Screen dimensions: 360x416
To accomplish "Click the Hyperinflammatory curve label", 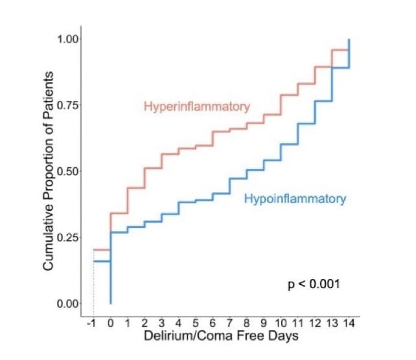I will [x=196, y=107].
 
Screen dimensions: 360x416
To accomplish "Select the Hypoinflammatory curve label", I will [x=295, y=199].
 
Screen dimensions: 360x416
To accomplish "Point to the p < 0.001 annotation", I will [x=314, y=284].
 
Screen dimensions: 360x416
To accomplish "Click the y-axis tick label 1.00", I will [x=68, y=39].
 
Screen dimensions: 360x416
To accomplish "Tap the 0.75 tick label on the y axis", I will [x=68, y=106].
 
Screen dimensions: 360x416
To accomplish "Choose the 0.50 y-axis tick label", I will [x=68, y=172].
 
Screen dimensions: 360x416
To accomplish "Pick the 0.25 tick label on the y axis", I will [x=68, y=238].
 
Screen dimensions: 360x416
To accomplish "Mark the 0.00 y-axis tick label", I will [x=68, y=304].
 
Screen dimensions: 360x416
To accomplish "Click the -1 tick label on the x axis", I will [x=92, y=322].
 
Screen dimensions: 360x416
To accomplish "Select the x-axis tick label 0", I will [x=110, y=322].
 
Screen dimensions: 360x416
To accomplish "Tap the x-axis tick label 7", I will [x=230, y=322].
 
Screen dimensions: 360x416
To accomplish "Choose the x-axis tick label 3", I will [x=161, y=322].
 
